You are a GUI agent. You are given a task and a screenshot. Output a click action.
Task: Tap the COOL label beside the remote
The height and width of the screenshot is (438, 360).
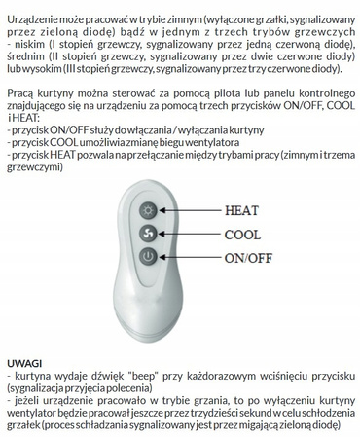(242, 235)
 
